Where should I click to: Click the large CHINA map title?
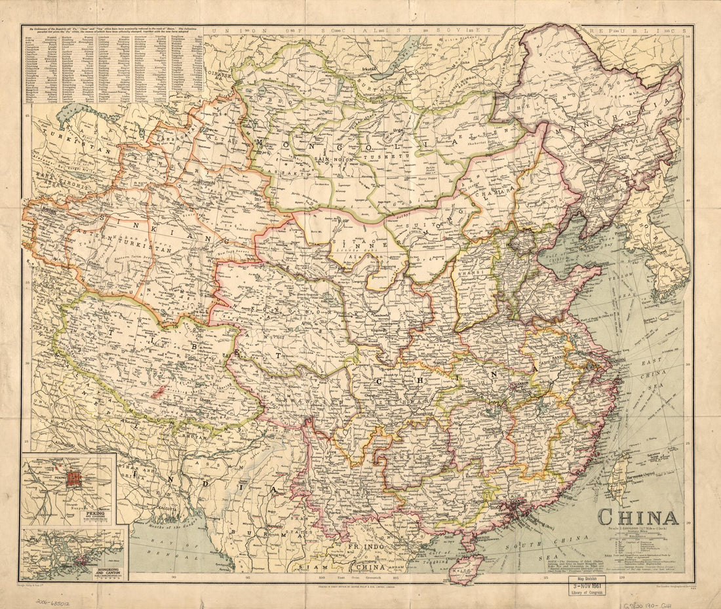[638, 517]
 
